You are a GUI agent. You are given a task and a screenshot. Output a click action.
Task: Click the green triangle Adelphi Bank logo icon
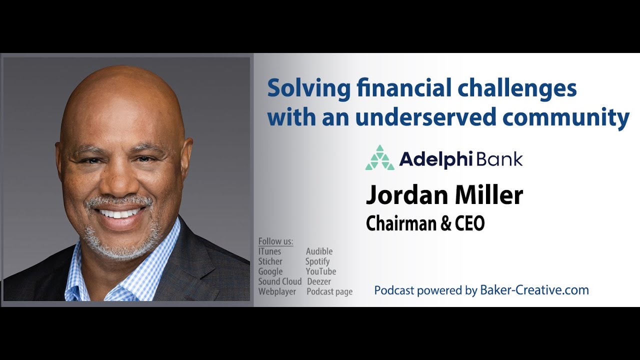click(x=380, y=158)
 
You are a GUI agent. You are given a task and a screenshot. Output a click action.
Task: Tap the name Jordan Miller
click(x=444, y=195)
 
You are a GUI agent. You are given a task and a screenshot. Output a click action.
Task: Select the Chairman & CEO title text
click(x=425, y=223)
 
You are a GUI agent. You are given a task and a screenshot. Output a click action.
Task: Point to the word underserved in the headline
click(x=425, y=117)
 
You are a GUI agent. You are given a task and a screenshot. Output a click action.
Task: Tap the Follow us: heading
click(x=275, y=241)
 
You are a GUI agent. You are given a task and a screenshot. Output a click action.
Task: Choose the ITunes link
click(x=269, y=251)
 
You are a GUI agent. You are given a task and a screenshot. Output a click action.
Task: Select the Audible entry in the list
click(x=319, y=251)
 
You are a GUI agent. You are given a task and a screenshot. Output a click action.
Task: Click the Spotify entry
click(x=317, y=261)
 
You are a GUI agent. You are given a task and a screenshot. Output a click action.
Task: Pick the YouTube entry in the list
click(x=320, y=271)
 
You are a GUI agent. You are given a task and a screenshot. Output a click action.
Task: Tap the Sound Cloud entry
click(x=279, y=281)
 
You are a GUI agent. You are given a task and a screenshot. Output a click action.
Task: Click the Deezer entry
click(x=318, y=281)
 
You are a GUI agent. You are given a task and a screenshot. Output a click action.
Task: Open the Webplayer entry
click(x=276, y=291)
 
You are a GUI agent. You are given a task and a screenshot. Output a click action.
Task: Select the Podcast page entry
click(x=329, y=291)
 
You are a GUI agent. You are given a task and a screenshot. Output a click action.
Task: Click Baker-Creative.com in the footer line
click(x=534, y=290)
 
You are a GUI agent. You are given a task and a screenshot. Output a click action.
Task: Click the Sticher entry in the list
click(x=270, y=261)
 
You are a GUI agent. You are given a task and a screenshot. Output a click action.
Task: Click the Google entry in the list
click(x=270, y=271)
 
